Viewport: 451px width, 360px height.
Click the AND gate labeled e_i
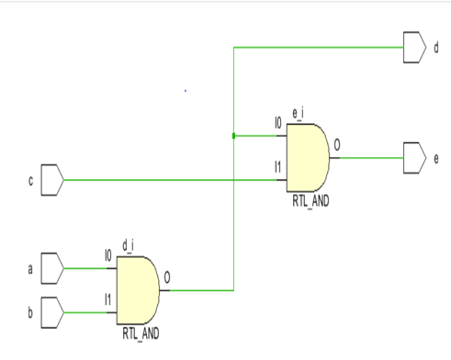[x=307, y=158]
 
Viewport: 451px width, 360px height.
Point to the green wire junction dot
[x=234, y=136]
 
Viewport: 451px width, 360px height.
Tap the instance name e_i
[x=297, y=112]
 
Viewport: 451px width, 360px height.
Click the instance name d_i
[x=129, y=243]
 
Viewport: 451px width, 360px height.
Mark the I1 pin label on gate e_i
[x=276, y=166]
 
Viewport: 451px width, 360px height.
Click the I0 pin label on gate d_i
[x=107, y=254]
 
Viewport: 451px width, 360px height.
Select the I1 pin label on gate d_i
[x=107, y=299]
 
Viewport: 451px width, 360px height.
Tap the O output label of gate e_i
[x=337, y=145]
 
